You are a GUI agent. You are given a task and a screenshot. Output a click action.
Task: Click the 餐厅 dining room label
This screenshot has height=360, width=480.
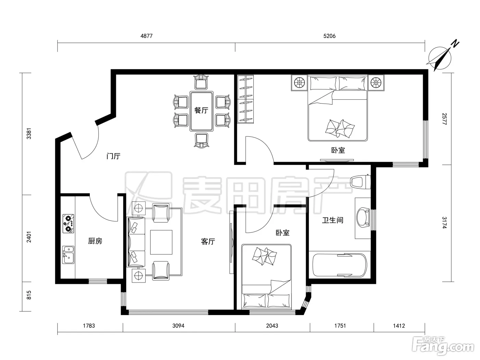point(201,110)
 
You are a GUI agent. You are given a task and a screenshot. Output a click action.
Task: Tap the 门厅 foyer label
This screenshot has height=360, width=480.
point(113,156)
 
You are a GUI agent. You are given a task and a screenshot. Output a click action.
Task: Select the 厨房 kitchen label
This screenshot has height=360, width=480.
point(95,241)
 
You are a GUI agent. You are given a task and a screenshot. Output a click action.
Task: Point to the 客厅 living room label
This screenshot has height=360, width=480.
point(208,241)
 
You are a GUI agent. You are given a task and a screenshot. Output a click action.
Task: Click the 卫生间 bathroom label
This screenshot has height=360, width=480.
point(333,220)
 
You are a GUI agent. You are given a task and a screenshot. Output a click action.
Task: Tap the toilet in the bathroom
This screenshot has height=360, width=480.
point(360,182)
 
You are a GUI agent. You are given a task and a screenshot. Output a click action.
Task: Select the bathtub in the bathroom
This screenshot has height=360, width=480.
point(339,265)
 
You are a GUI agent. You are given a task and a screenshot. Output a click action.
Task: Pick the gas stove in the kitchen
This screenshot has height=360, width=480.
point(68,224)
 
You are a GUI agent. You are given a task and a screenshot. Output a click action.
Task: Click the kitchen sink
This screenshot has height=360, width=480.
point(68,255)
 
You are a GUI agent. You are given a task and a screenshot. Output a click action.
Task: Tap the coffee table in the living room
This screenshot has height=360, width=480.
point(161,242)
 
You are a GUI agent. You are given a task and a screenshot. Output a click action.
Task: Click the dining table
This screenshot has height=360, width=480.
point(201,111)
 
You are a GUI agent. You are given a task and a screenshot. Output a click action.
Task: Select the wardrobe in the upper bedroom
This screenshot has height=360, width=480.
point(245,99)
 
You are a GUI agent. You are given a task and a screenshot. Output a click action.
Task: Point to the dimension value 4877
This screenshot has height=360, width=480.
point(146,36)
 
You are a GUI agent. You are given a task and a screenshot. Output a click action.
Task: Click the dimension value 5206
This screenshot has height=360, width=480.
point(329,36)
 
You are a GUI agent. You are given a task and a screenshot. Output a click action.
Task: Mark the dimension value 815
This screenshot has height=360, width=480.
point(29,295)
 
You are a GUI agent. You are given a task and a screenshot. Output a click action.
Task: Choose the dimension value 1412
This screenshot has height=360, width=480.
point(399,326)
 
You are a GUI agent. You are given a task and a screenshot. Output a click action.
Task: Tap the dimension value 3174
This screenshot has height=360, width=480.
point(444,223)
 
